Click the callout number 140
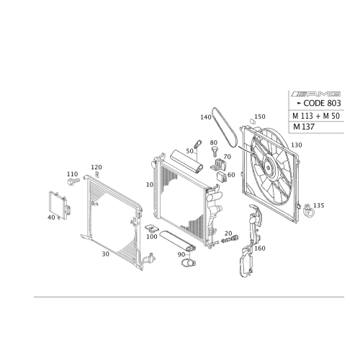(x=206, y=117)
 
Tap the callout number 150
(x=260, y=117)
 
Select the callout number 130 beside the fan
(x=297, y=145)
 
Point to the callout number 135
(x=319, y=205)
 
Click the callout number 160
(x=260, y=248)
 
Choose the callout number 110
(x=72, y=174)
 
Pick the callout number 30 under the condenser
(x=106, y=254)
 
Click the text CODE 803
(x=322, y=103)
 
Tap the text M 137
(x=304, y=127)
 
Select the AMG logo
(x=316, y=94)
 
